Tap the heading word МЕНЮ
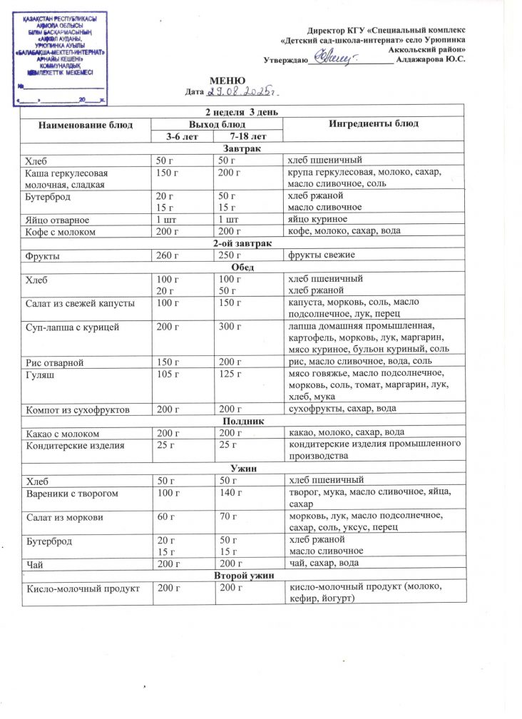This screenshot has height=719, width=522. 227,81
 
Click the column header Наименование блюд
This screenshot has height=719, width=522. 86,124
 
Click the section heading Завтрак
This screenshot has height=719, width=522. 242,148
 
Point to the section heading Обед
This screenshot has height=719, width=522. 242,267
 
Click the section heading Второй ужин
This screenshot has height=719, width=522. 242,575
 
